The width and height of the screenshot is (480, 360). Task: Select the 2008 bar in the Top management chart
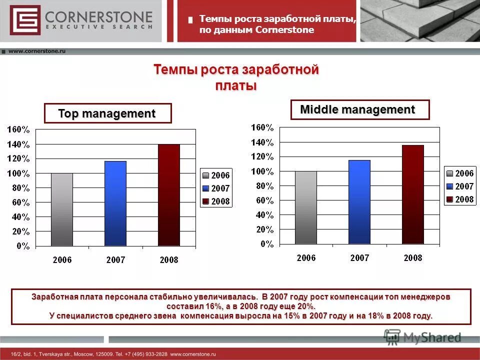click(169, 195)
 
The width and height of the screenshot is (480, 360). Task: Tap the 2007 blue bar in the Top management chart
click(115, 203)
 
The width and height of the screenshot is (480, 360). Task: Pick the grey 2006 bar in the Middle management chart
click(306, 207)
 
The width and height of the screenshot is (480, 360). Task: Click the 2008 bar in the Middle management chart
click(413, 194)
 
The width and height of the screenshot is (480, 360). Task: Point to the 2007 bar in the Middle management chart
click(359, 202)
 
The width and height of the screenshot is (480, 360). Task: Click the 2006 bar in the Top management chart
click(62, 209)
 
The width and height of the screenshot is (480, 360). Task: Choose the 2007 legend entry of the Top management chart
click(216, 188)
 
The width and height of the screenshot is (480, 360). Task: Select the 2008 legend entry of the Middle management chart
click(460, 199)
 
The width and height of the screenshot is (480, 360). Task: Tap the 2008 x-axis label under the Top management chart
click(169, 260)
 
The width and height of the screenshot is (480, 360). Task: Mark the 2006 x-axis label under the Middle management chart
click(306, 258)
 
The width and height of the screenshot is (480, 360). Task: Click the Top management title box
click(107, 113)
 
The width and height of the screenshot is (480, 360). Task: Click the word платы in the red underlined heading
click(236, 85)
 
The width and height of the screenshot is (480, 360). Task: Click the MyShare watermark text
click(432, 337)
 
